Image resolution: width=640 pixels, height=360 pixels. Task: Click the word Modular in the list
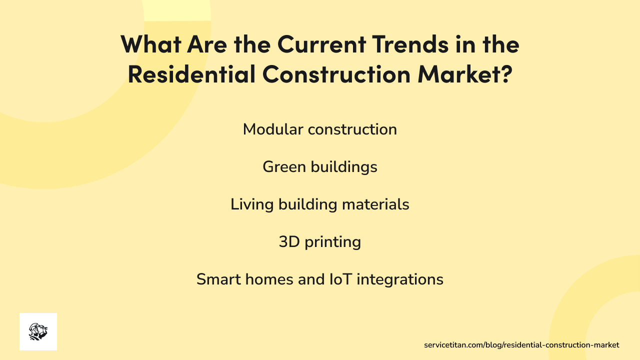tap(273, 129)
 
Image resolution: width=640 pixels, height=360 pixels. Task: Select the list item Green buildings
tap(320, 167)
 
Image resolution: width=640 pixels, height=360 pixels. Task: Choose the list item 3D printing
tap(320, 242)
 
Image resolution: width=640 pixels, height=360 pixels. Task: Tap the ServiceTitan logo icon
tap(38, 331)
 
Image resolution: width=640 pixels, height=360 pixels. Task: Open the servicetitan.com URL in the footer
tap(521, 345)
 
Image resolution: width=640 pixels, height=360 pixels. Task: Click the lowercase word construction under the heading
tap(352, 129)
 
